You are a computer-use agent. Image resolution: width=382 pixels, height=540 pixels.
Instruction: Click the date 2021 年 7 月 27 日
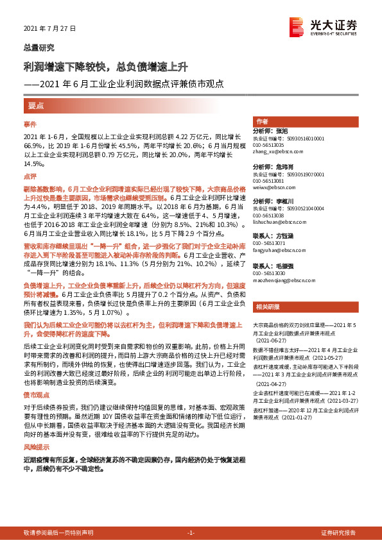tap(49, 30)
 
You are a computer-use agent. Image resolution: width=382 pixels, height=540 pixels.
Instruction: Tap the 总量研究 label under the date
tap(39, 47)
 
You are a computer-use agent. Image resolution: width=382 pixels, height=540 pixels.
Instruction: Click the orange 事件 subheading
tap(30, 123)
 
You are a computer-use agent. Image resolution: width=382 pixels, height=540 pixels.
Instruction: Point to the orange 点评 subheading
tap(30, 176)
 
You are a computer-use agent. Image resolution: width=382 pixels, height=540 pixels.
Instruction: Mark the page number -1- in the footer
tap(190, 532)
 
